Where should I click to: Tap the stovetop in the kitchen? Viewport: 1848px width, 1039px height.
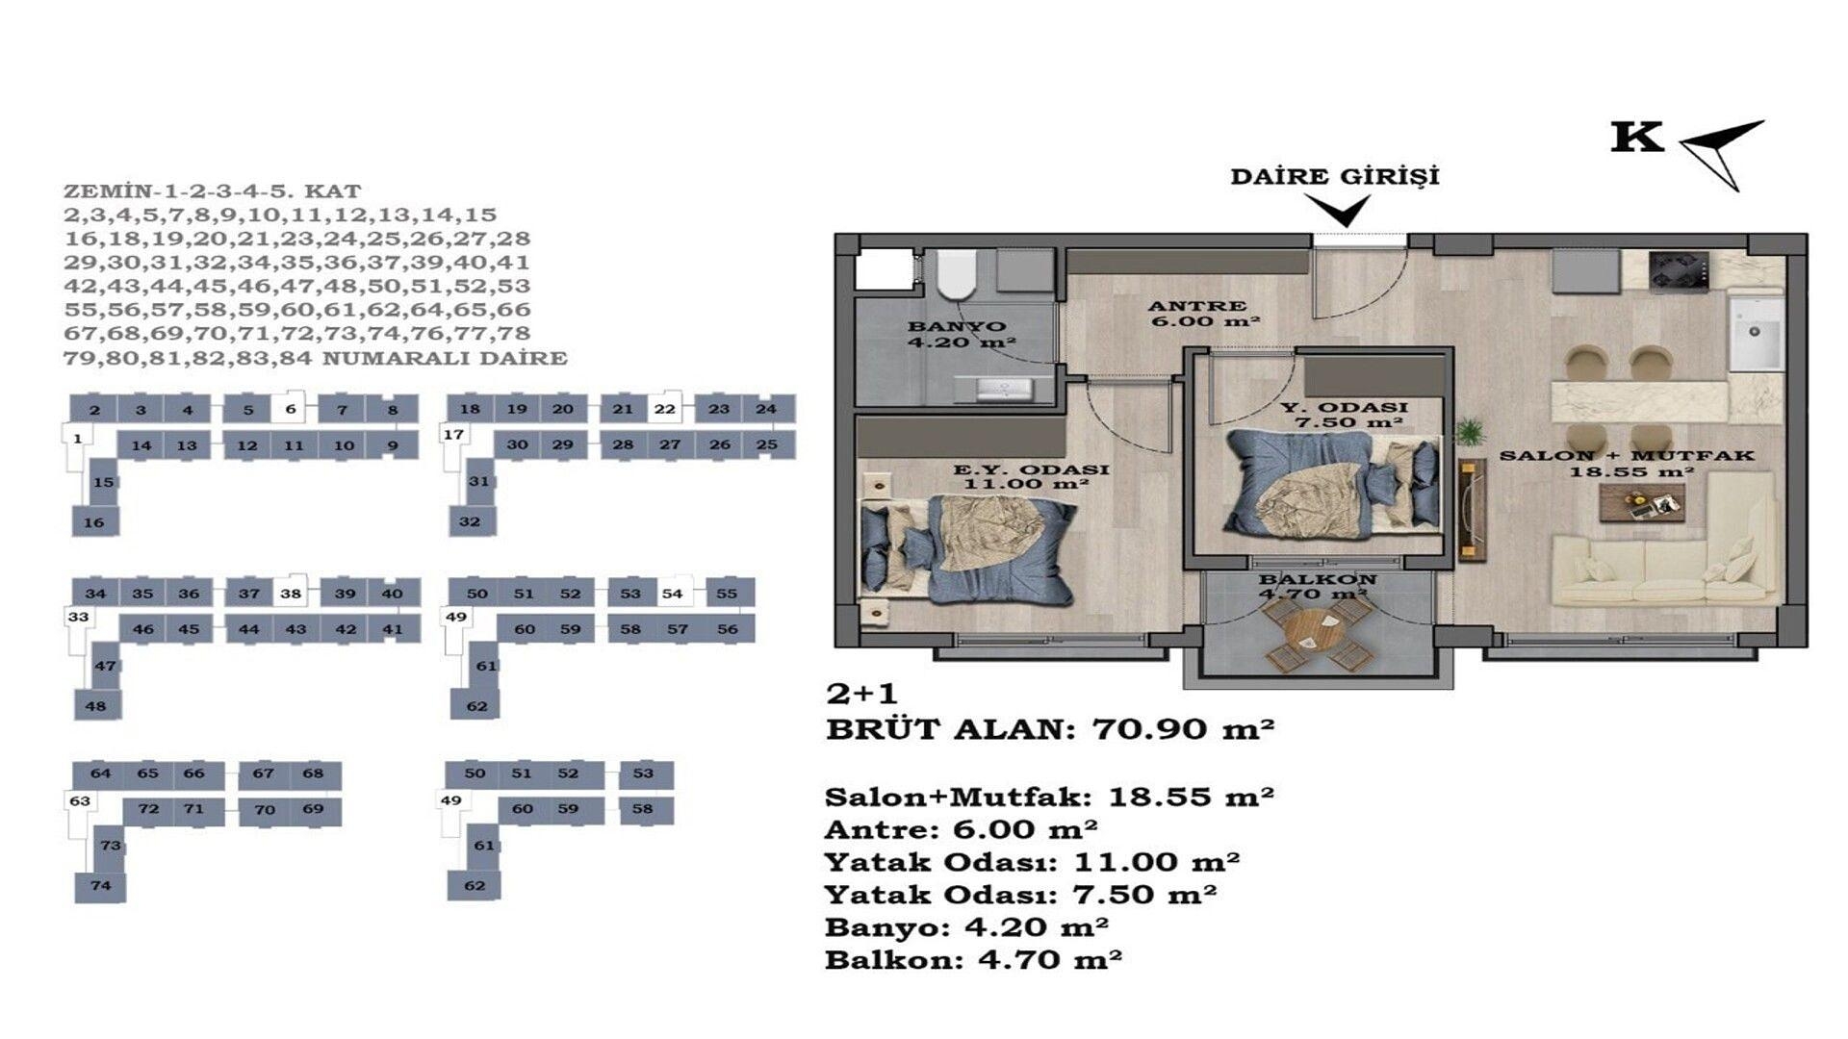[x=1679, y=269]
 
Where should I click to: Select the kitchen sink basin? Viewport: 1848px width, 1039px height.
[x=1756, y=334]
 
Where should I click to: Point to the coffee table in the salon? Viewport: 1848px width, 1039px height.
[x=1642, y=502]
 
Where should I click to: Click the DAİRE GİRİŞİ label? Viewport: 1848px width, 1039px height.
[x=1335, y=177]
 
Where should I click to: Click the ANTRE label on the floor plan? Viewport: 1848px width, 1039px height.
[x=1197, y=306]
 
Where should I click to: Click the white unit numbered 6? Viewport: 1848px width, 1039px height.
[x=290, y=409]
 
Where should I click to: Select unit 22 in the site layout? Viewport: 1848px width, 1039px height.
[x=665, y=409]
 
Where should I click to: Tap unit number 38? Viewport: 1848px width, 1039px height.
[x=291, y=594]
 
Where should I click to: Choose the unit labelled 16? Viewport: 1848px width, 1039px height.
[x=94, y=522]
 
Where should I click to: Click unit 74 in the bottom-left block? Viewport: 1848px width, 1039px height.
[x=100, y=886]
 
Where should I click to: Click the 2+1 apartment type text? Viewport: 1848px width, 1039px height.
[x=861, y=694]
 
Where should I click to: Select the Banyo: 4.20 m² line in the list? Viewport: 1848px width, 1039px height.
[x=966, y=926]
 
